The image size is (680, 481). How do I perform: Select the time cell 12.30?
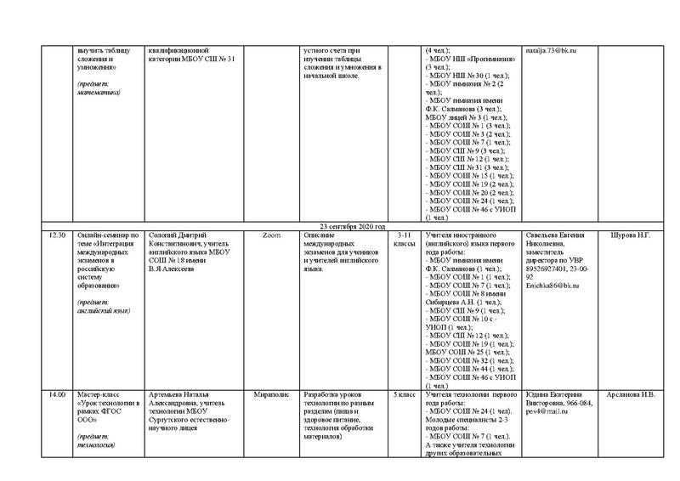coord(58,235)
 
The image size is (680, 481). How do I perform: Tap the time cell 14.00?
coord(58,396)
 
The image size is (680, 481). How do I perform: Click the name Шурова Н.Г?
coord(632,235)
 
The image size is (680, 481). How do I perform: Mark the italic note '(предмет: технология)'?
coord(95,440)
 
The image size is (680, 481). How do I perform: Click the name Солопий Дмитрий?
coord(176,235)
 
